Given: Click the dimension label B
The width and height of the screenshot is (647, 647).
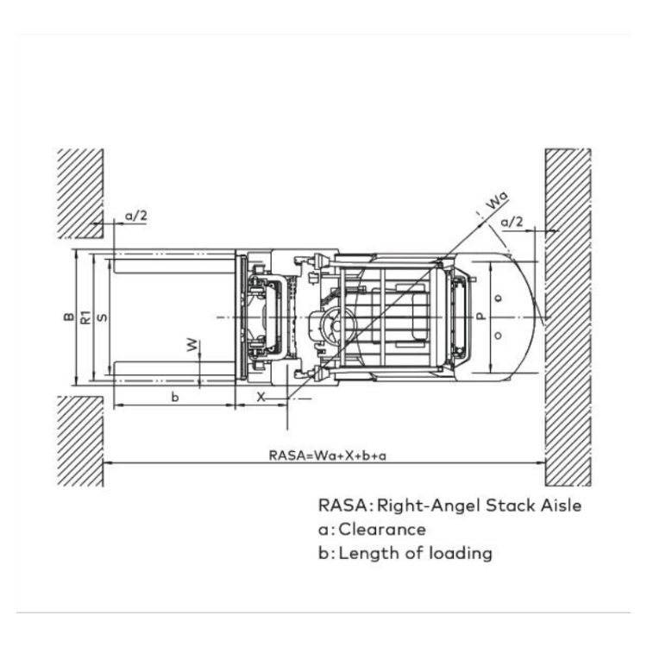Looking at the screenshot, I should click(67, 317).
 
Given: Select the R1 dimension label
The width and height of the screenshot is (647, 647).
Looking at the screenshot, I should click(85, 317).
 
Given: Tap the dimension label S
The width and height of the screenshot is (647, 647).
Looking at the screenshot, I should click(103, 317).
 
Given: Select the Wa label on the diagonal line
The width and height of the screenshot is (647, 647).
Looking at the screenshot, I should click(495, 201).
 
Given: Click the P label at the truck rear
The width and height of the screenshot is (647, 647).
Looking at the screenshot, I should click(481, 317).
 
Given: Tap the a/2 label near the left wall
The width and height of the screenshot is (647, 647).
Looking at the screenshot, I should click(135, 216).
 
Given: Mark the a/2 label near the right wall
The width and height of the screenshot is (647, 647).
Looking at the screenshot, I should click(512, 222).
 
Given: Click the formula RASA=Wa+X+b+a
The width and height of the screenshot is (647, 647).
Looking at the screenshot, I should click(327, 455).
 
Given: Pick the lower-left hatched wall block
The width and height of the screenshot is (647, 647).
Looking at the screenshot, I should click(80, 440).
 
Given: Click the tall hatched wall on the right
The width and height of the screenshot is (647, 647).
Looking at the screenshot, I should click(568, 317).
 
